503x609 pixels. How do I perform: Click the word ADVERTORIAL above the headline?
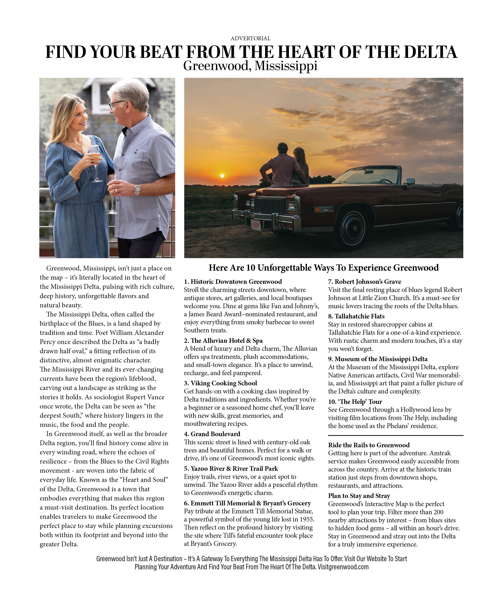coord(251,38)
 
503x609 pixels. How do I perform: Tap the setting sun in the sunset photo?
coord(222,176)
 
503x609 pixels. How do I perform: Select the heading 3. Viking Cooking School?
coord(220,383)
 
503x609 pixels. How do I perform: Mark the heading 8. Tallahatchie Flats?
coord(356,316)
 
